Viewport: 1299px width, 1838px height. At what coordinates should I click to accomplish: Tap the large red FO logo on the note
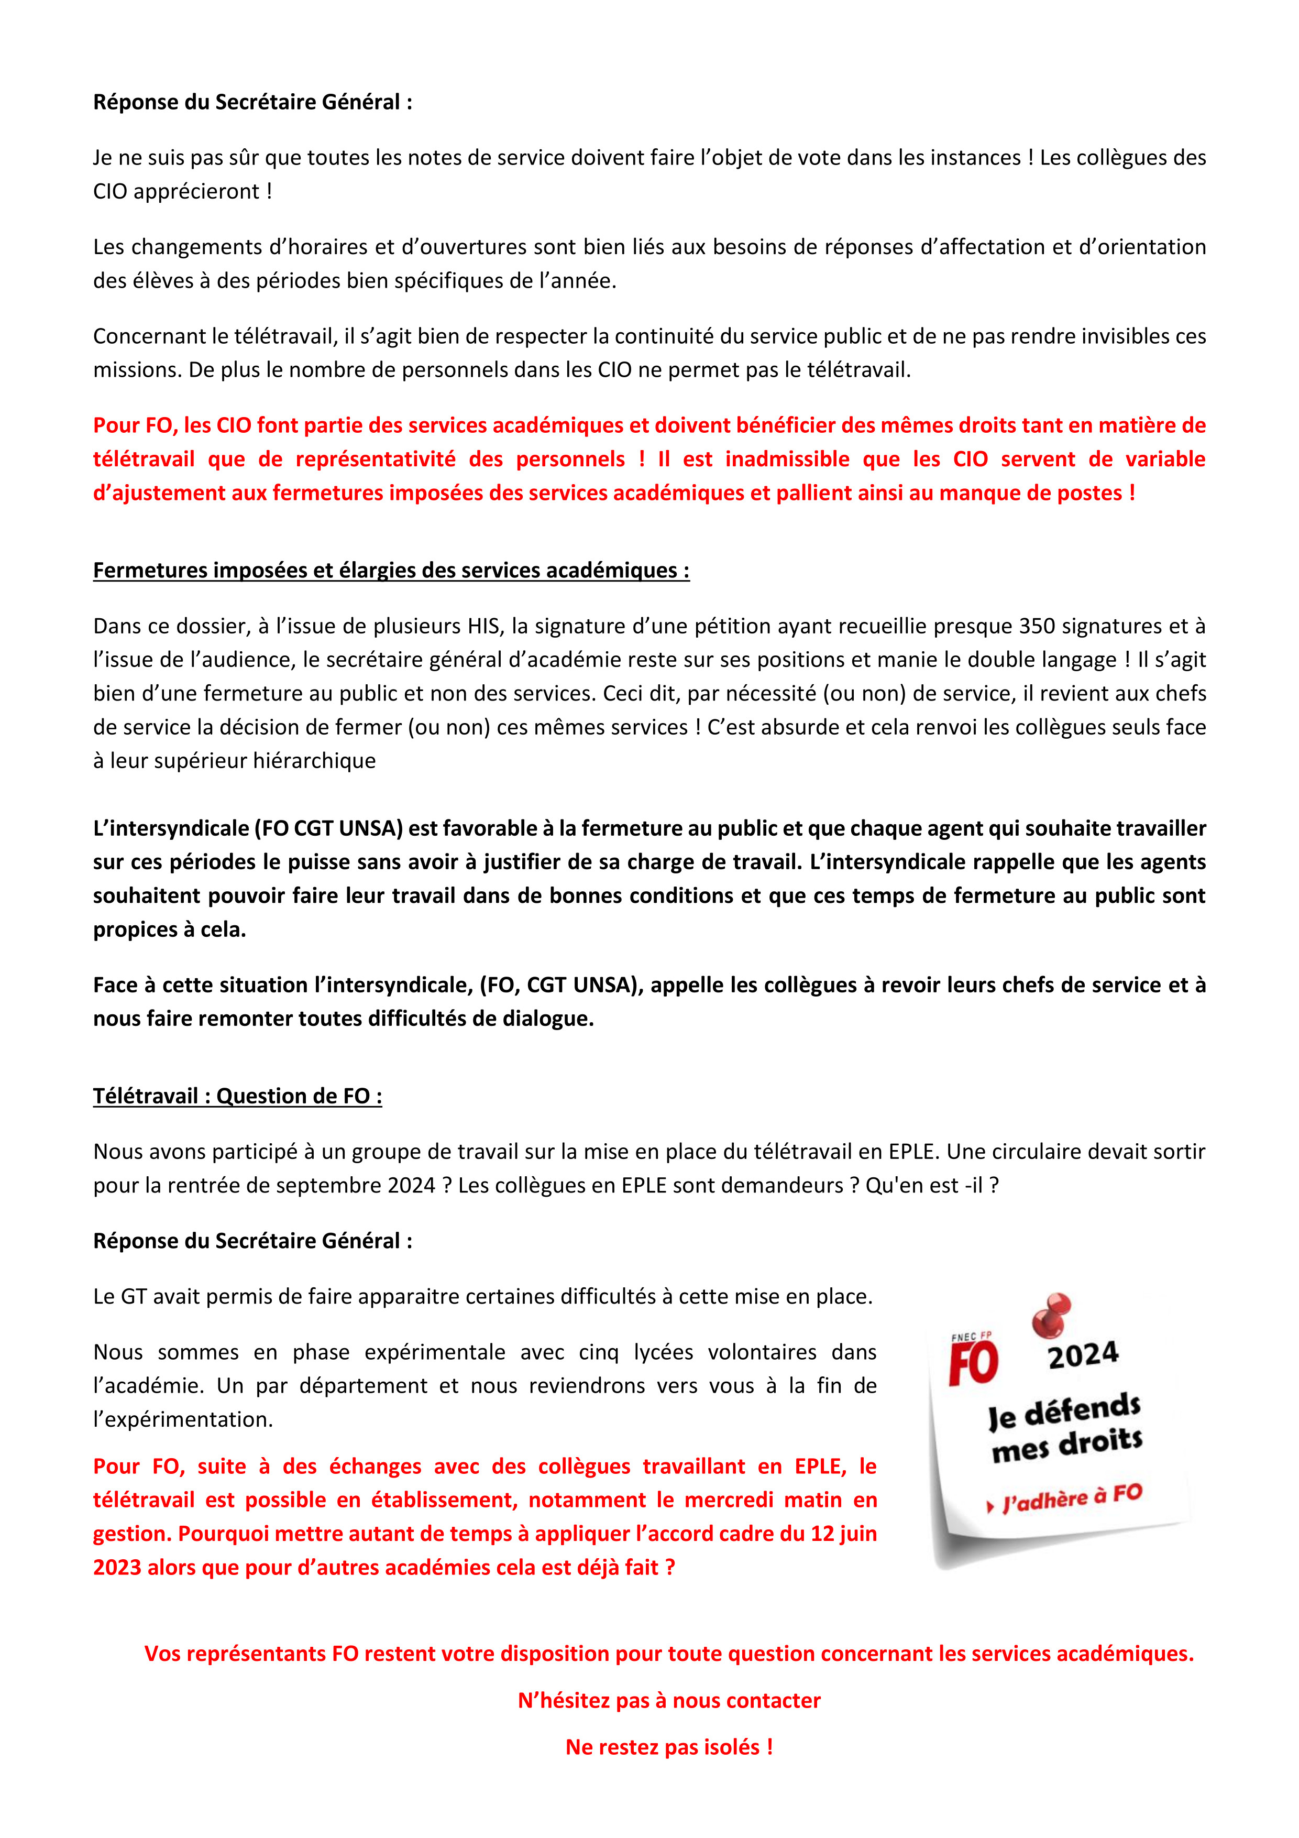pyautogui.click(x=973, y=1363)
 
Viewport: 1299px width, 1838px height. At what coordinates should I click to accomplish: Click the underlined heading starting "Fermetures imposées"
pyautogui.click(x=391, y=570)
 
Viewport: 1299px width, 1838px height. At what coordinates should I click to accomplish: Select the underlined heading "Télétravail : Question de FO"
pyautogui.click(x=237, y=1096)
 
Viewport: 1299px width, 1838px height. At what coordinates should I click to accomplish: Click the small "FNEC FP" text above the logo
pyautogui.click(x=971, y=1336)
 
